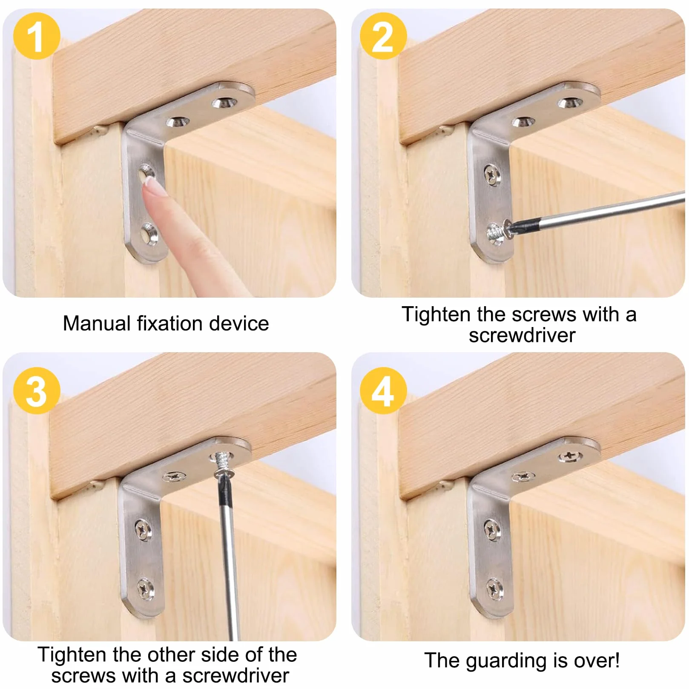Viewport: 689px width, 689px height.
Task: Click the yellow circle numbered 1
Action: click(x=37, y=36)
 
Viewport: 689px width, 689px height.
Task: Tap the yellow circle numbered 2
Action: click(x=383, y=36)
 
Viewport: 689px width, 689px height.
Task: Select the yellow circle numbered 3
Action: click(x=37, y=390)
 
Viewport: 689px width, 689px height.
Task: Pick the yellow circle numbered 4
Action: click(x=383, y=390)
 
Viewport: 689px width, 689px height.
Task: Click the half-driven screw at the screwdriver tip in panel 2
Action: click(x=497, y=231)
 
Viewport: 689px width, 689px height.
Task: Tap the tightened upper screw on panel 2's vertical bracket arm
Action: click(x=493, y=175)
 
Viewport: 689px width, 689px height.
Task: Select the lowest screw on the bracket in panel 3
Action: click(x=145, y=589)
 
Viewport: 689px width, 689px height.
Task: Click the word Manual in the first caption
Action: click(x=97, y=323)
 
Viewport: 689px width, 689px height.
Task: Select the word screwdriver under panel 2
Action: click(x=522, y=335)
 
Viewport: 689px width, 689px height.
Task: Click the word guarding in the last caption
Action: click(x=507, y=661)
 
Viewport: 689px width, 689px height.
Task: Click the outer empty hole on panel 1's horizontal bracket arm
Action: click(x=224, y=102)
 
